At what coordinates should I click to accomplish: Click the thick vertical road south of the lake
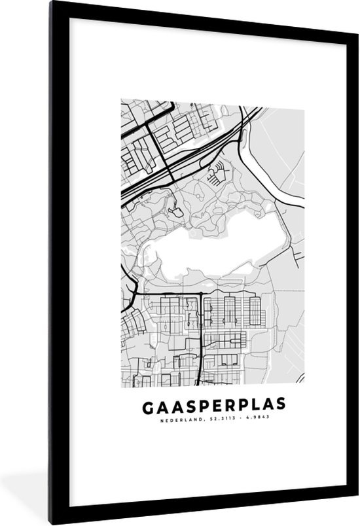click(200, 334)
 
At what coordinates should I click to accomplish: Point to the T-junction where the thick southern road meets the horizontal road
click(200, 292)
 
